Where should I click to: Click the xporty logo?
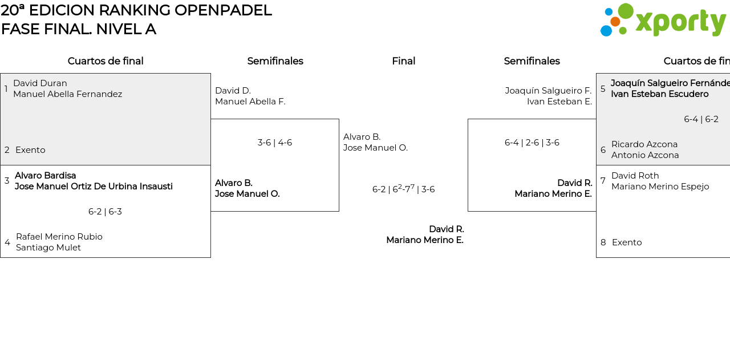click(x=663, y=21)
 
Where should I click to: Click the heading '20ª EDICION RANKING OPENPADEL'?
click(x=136, y=10)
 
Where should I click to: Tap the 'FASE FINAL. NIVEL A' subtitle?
click(x=79, y=29)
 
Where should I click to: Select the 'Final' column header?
click(x=403, y=61)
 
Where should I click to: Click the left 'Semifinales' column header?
click(x=275, y=61)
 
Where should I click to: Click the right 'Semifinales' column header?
click(x=532, y=61)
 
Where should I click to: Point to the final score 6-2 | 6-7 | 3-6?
click(x=403, y=189)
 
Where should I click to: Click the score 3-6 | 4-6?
click(x=274, y=143)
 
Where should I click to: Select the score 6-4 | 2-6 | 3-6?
click(x=532, y=143)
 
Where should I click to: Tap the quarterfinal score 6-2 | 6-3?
click(x=105, y=212)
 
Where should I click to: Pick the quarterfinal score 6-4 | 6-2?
click(x=701, y=119)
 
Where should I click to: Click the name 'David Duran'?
click(x=40, y=83)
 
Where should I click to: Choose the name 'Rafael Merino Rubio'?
click(x=59, y=237)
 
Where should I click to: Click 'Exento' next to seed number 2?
click(x=30, y=150)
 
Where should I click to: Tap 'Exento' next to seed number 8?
click(x=627, y=242)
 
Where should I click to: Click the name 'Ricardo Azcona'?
click(x=644, y=144)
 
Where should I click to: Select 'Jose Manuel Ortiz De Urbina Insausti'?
click(x=94, y=187)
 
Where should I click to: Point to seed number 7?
click(x=603, y=181)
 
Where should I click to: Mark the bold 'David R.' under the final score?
click(x=446, y=229)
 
